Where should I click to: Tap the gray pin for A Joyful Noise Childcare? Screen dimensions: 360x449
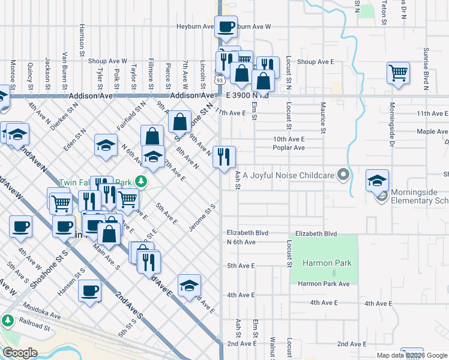coord(343,175)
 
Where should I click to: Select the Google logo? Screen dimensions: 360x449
coord(20,353)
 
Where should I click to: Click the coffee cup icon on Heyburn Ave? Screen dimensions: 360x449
coord(226,27)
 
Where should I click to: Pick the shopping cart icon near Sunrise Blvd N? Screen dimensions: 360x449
coord(398,73)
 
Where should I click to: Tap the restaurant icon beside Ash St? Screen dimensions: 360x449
coord(224,157)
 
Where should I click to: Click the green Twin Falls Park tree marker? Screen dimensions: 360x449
coord(140,181)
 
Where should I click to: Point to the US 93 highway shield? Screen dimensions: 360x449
coord(220,80)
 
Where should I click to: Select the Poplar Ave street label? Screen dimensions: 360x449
coord(289,148)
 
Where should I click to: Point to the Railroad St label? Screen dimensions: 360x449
coord(33,327)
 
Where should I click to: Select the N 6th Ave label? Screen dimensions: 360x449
coord(241,242)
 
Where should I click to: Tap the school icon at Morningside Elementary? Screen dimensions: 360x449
coord(377,181)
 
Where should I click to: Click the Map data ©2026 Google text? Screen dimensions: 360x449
coord(411,355)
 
